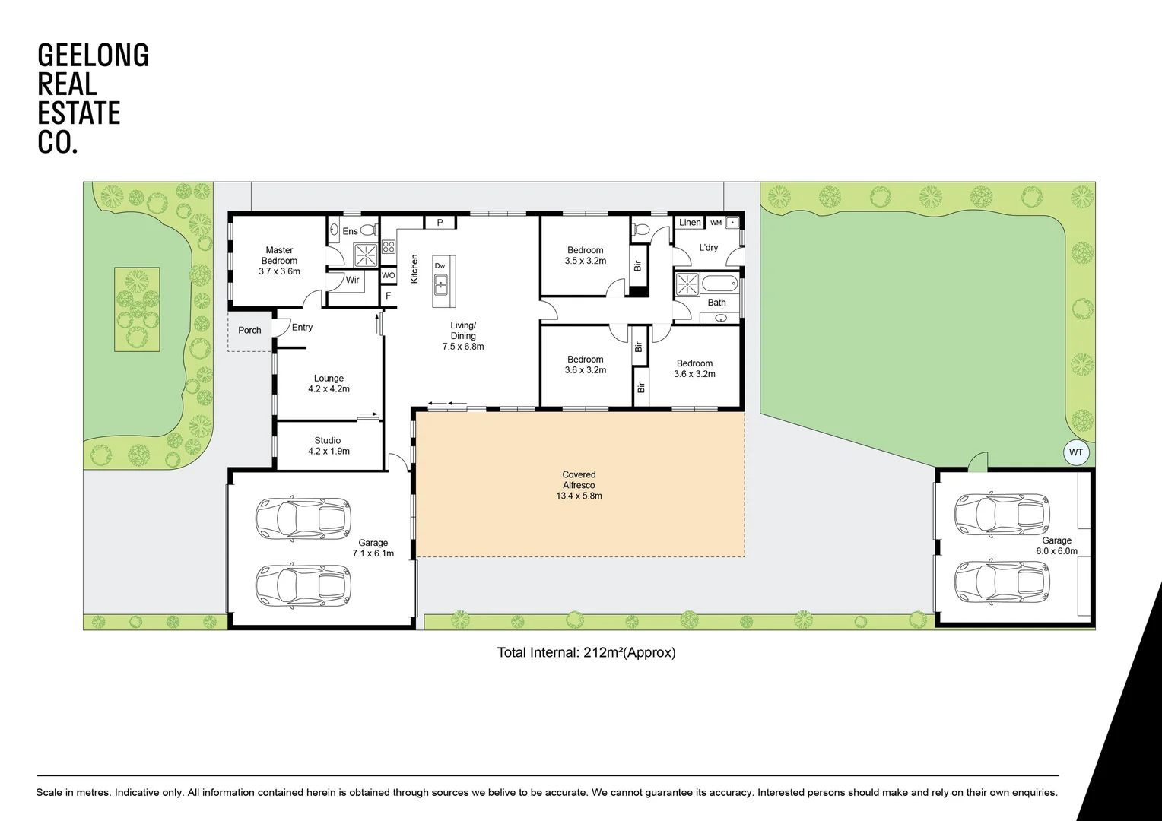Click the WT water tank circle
point(1075,452)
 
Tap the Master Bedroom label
point(279,255)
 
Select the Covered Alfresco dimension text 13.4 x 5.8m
point(579,496)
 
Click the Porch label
point(249,330)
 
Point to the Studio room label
point(328,440)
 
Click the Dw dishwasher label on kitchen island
point(440,265)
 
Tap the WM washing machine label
point(716,223)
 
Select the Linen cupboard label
point(690,223)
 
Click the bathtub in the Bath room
point(719,285)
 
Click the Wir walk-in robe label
point(352,280)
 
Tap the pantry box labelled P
point(440,223)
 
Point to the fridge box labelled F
point(389,295)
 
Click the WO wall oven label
point(388,275)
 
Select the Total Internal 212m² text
point(586,652)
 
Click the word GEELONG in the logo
point(93,55)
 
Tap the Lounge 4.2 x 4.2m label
point(329,383)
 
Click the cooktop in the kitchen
point(389,246)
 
